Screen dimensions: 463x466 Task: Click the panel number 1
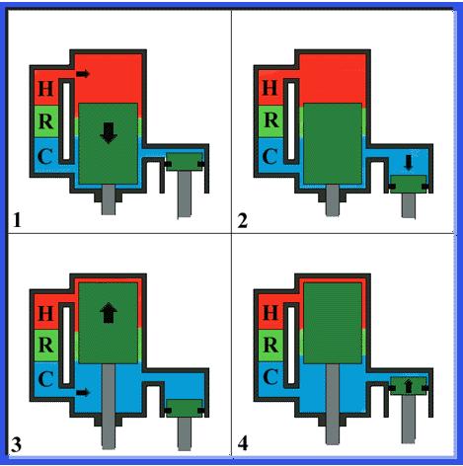pos(17,220)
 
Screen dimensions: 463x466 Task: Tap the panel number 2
pos(243,220)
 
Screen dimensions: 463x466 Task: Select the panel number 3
pos(17,444)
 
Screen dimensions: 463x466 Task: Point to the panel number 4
pos(243,444)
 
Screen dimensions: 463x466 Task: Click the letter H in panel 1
pos(45,88)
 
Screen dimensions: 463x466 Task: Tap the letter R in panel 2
pos(270,120)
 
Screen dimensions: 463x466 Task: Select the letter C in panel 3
pos(45,378)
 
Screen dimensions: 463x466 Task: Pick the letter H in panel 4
pos(270,313)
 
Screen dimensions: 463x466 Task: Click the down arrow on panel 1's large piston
pos(109,133)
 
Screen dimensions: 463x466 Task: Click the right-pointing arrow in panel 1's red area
pos(83,74)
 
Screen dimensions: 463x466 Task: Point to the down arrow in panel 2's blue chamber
pos(409,163)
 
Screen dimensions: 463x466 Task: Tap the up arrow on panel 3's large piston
pos(109,313)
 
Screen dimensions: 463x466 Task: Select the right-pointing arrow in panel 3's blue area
pos(83,392)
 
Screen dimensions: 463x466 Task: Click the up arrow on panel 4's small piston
pos(409,386)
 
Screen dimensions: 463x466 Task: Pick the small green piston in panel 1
pos(184,162)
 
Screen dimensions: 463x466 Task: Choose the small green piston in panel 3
pos(184,409)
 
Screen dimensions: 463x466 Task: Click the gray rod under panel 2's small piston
pos(409,205)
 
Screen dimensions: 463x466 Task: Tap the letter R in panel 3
pos(45,345)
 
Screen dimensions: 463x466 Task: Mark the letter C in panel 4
pos(270,377)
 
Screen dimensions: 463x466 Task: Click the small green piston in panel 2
pos(409,185)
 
